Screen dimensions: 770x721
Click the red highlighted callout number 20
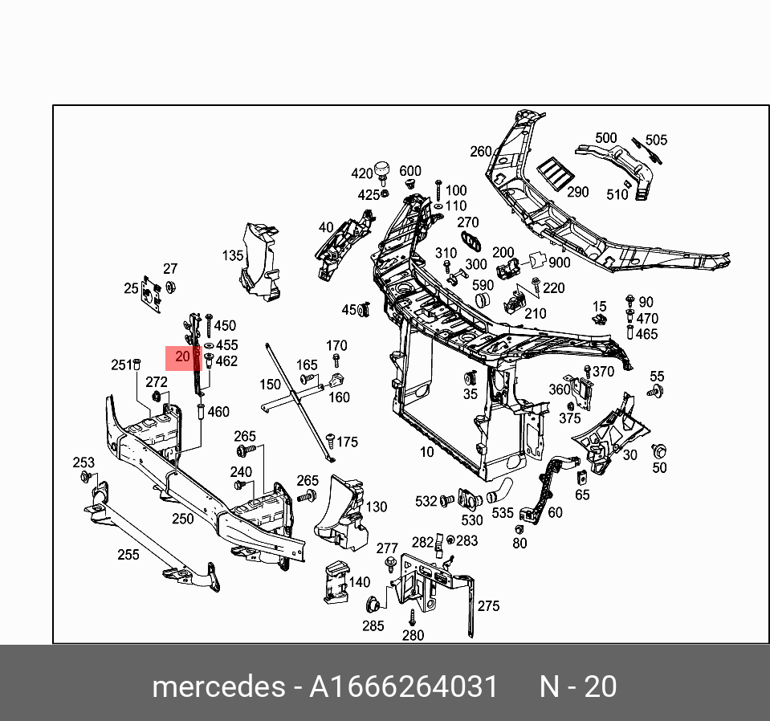tap(182, 357)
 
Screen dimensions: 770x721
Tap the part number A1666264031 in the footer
tap(404, 687)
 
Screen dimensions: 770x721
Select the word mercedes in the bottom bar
tap(218, 687)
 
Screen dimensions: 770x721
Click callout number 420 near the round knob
tap(362, 173)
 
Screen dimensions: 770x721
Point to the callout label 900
tap(559, 263)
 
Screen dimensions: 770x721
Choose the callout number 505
tap(656, 141)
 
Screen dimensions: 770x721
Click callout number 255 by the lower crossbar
tap(128, 554)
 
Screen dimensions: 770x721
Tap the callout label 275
tap(488, 606)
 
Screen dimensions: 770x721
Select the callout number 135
tap(233, 256)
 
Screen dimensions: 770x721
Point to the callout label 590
tap(483, 285)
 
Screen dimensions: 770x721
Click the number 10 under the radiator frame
tap(426, 452)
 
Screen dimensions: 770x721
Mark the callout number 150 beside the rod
tap(270, 385)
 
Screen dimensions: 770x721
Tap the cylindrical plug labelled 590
tap(483, 300)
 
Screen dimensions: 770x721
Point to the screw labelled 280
tap(412, 616)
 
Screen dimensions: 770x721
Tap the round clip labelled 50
tap(661, 451)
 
